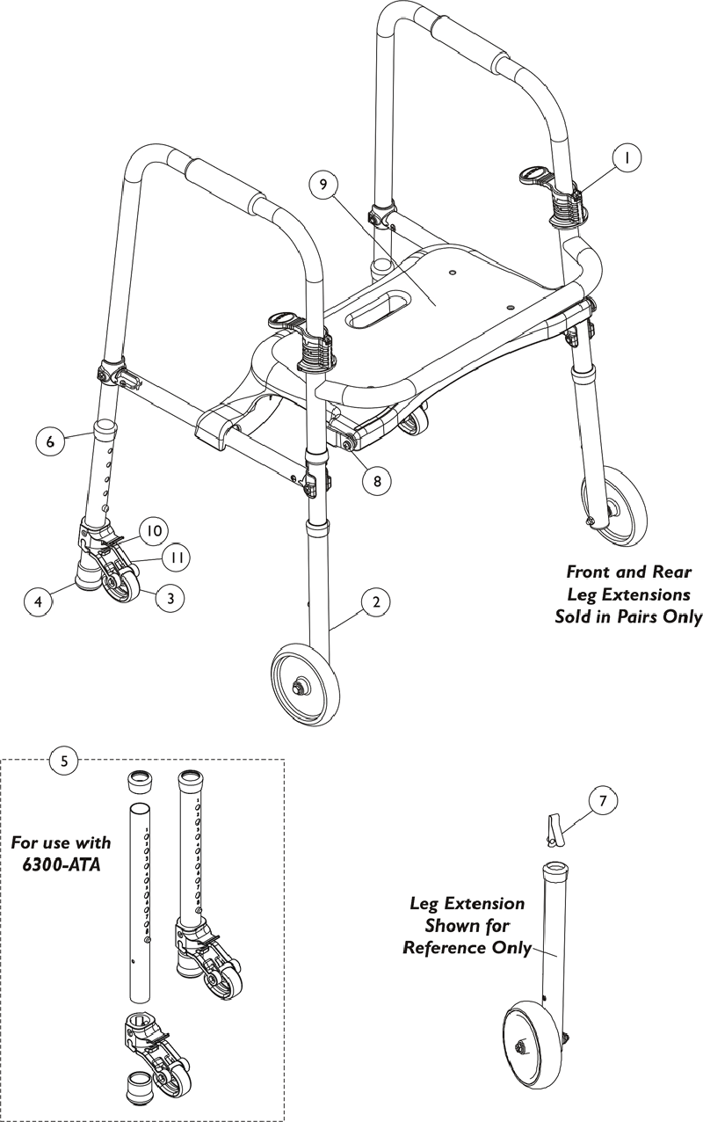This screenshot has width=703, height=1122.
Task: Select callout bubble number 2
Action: pyautogui.click(x=375, y=602)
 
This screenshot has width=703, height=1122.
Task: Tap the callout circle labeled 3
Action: pyautogui.click(x=170, y=598)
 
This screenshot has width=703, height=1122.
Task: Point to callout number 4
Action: pyautogui.click(x=37, y=603)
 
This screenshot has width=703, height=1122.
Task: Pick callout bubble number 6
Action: pyautogui.click(x=51, y=441)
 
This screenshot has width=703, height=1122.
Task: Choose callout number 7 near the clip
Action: pyautogui.click(x=602, y=801)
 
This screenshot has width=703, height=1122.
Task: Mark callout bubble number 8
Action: pyautogui.click(x=377, y=481)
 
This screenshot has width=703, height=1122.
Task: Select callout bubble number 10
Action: pyautogui.click(x=154, y=531)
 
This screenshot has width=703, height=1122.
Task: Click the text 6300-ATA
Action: pyautogui.click(x=58, y=864)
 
